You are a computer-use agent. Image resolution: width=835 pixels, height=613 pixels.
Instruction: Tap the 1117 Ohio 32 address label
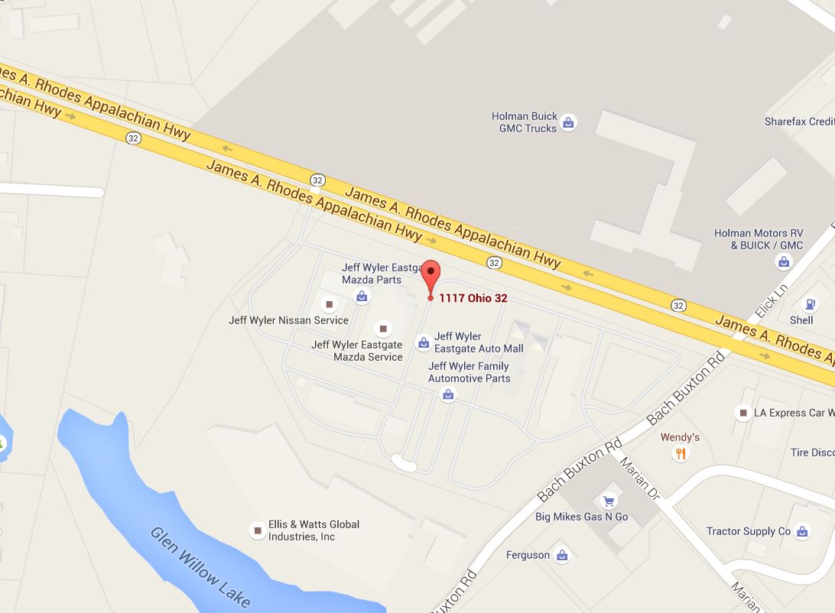(x=473, y=298)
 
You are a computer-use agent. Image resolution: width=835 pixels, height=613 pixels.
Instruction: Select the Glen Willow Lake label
(x=200, y=566)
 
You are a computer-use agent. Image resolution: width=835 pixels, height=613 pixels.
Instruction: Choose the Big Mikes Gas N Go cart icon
(x=609, y=501)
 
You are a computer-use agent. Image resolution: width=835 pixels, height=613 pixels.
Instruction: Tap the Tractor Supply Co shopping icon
(x=802, y=531)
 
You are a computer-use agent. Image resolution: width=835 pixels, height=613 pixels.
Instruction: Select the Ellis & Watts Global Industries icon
(x=257, y=530)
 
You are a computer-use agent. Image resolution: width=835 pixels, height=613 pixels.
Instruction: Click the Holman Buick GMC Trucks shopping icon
(x=568, y=122)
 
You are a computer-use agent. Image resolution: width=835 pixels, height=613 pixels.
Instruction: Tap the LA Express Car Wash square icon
(x=742, y=413)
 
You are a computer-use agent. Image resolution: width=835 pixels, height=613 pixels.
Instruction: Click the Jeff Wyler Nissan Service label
(x=288, y=320)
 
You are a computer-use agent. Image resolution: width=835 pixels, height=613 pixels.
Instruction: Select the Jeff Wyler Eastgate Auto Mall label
(x=479, y=342)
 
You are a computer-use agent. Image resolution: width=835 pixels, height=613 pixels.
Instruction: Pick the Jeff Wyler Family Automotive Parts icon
(x=448, y=394)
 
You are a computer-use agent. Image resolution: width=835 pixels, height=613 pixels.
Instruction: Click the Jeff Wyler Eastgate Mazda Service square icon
(x=384, y=329)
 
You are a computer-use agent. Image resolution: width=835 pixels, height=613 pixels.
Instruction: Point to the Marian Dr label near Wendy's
(x=639, y=478)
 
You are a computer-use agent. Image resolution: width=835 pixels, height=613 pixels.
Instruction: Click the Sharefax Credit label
(x=799, y=122)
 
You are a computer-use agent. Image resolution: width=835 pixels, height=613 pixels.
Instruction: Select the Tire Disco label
(x=812, y=452)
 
